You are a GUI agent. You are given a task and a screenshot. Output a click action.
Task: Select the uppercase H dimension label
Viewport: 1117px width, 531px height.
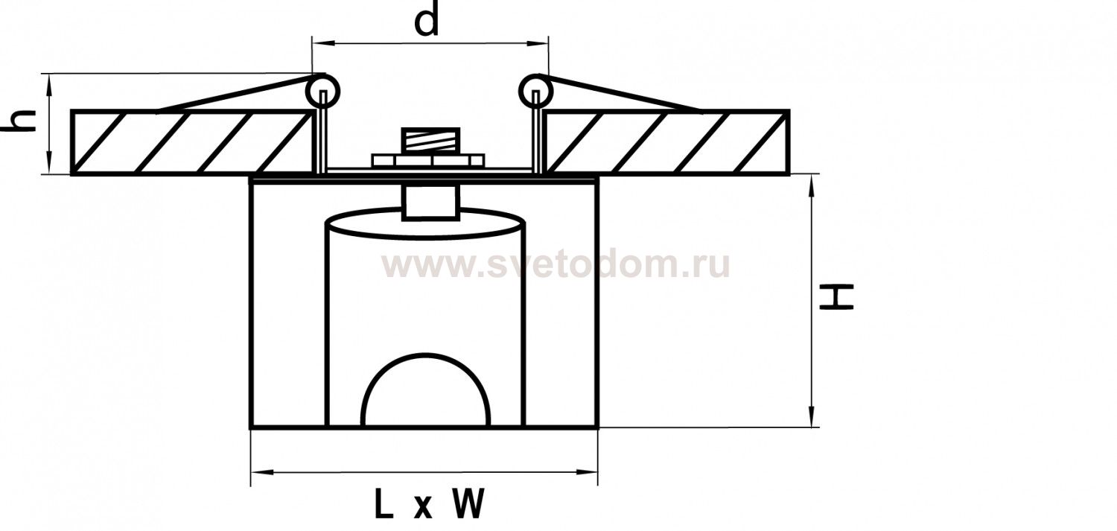(837, 297)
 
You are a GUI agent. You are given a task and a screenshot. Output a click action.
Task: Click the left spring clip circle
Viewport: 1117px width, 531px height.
(322, 91)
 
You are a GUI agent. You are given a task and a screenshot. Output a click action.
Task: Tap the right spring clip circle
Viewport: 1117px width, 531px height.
(537, 91)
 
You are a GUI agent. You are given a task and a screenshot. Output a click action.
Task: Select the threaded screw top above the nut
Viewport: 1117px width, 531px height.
(430, 141)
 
